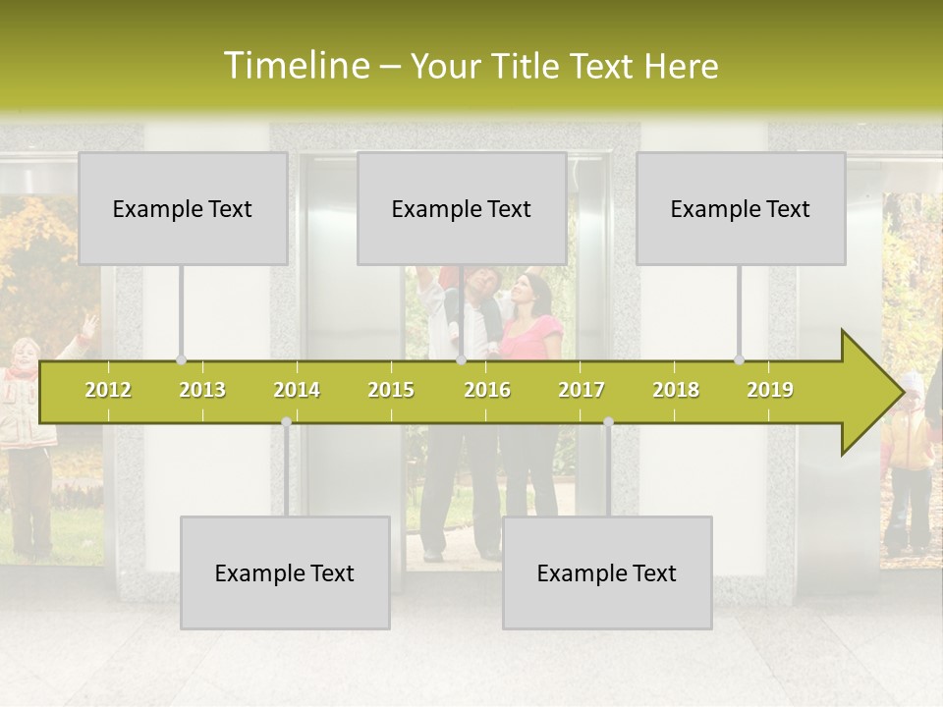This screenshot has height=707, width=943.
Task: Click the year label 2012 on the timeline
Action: click(x=108, y=390)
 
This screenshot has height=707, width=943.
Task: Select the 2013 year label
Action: click(x=202, y=390)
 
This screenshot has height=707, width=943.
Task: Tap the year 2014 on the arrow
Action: click(x=297, y=390)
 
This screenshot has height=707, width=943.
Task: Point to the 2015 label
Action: click(x=391, y=390)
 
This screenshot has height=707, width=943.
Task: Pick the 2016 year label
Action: click(x=487, y=390)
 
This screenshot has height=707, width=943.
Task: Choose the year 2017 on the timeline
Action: click(x=582, y=390)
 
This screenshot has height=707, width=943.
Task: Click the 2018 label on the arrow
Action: click(x=676, y=390)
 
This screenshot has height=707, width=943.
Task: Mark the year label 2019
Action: click(x=770, y=390)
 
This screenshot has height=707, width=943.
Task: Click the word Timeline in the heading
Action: click(x=296, y=66)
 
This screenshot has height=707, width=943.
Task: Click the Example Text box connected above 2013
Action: click(x=183, y=208)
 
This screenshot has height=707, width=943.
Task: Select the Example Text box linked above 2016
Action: click(x=462, y=208)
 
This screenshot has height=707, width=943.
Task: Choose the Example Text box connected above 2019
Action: click(x=741, y=208)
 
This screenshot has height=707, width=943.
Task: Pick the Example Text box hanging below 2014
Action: click(x=285, y=572)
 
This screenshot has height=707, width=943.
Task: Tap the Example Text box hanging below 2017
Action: click(x=607, y=572)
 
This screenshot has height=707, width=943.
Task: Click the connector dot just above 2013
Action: click(x=181, y=359)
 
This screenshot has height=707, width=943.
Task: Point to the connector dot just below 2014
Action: click(x=286, y=422)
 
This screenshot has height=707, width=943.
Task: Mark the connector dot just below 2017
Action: click(x=608, y=422)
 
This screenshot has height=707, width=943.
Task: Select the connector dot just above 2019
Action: click(x=740, y=359)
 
